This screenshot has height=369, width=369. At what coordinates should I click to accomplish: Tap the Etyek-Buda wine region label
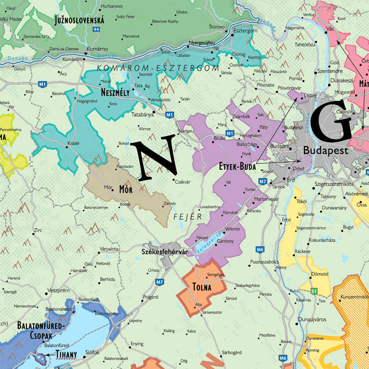[237, 167]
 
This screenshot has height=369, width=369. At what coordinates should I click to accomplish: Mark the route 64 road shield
[96, 29]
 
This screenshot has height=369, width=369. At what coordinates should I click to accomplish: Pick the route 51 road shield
[314, 291]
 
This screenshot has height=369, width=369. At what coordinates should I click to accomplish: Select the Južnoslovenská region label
[79, 20]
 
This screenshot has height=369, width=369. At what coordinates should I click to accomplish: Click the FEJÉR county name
[188, 216]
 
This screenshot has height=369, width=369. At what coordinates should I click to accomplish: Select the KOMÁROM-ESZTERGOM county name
[151, 68]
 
